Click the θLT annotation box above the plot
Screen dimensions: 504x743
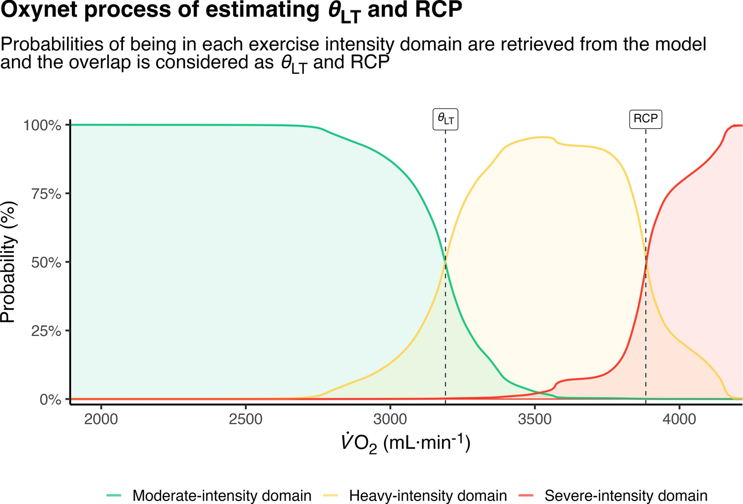click(x=445, y=119)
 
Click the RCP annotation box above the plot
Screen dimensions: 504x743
click(x=645, y=119)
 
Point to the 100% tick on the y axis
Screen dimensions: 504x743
click(x=43, y=125)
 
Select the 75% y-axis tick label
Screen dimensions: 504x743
click(x=46, y=194)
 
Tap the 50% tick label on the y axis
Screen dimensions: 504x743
click(x=46, y=262)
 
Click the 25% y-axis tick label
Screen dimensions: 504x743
click(x=46, y=331)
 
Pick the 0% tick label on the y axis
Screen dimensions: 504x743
click(x=50, y=399)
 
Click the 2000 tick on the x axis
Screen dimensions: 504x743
click(x=101, y=419)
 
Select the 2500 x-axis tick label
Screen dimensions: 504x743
click(x=245, y=419)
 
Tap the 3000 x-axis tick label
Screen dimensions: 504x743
click(x=390, y=419)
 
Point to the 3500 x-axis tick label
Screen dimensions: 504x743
click(x=534, y=419)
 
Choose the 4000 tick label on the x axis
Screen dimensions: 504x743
click(x=679, y=419)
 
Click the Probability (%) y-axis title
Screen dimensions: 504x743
click(x=8, y=262)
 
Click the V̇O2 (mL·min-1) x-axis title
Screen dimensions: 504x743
click(x=405, y=443)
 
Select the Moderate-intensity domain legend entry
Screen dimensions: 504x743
click(x=222, y=496)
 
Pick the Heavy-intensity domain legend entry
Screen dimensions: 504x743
click(x=427, y=496)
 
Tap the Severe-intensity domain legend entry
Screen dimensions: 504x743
click(x=626, y=496)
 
